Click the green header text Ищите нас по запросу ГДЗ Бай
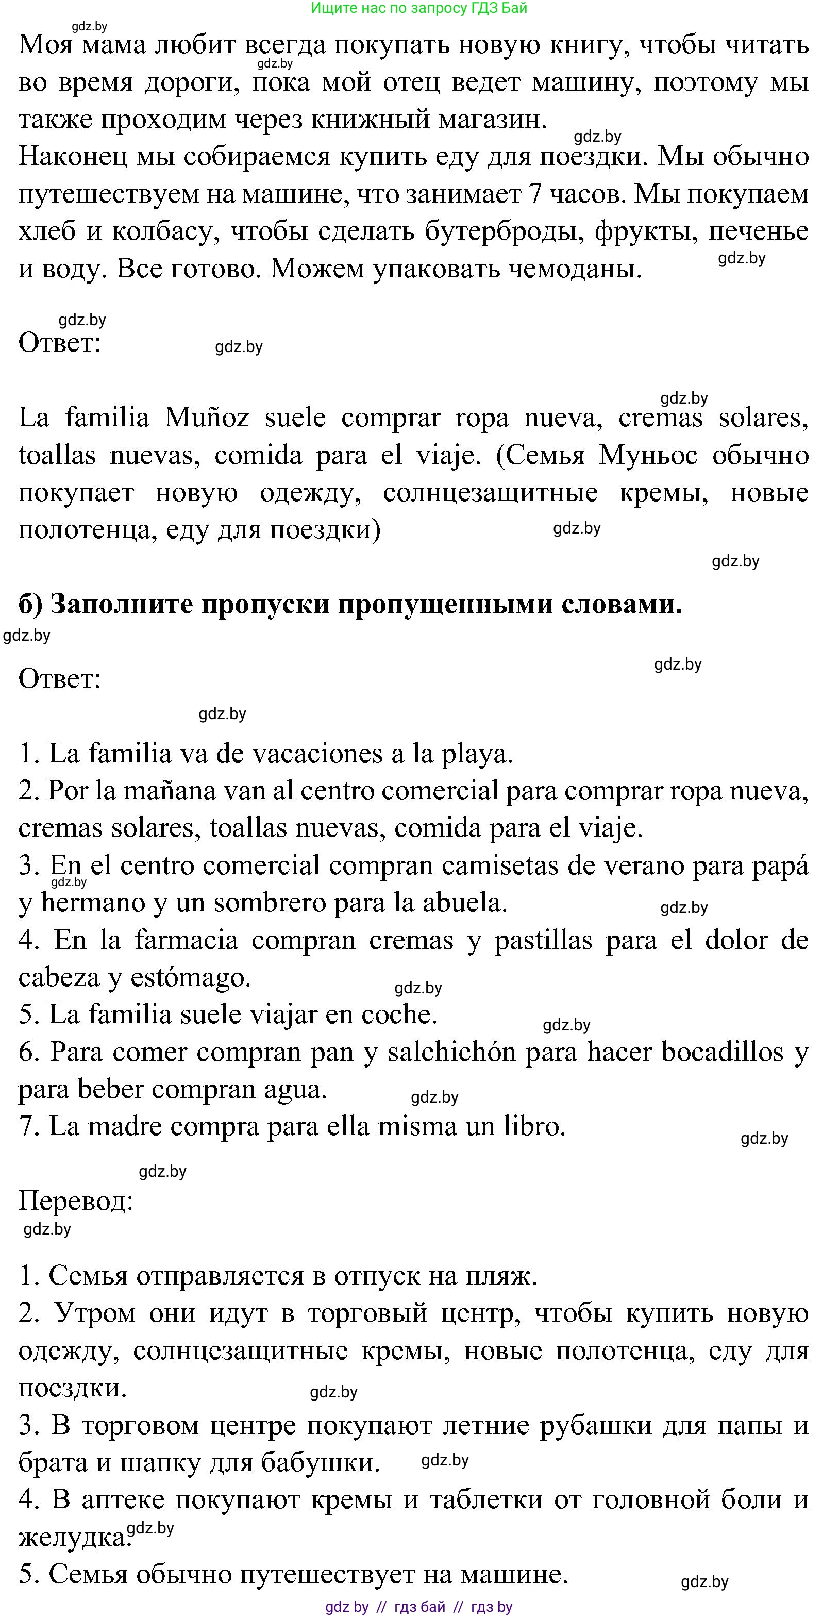[x=419, y=8]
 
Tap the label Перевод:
[x=76, y=1202]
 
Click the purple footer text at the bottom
[x=419, y=1607]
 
